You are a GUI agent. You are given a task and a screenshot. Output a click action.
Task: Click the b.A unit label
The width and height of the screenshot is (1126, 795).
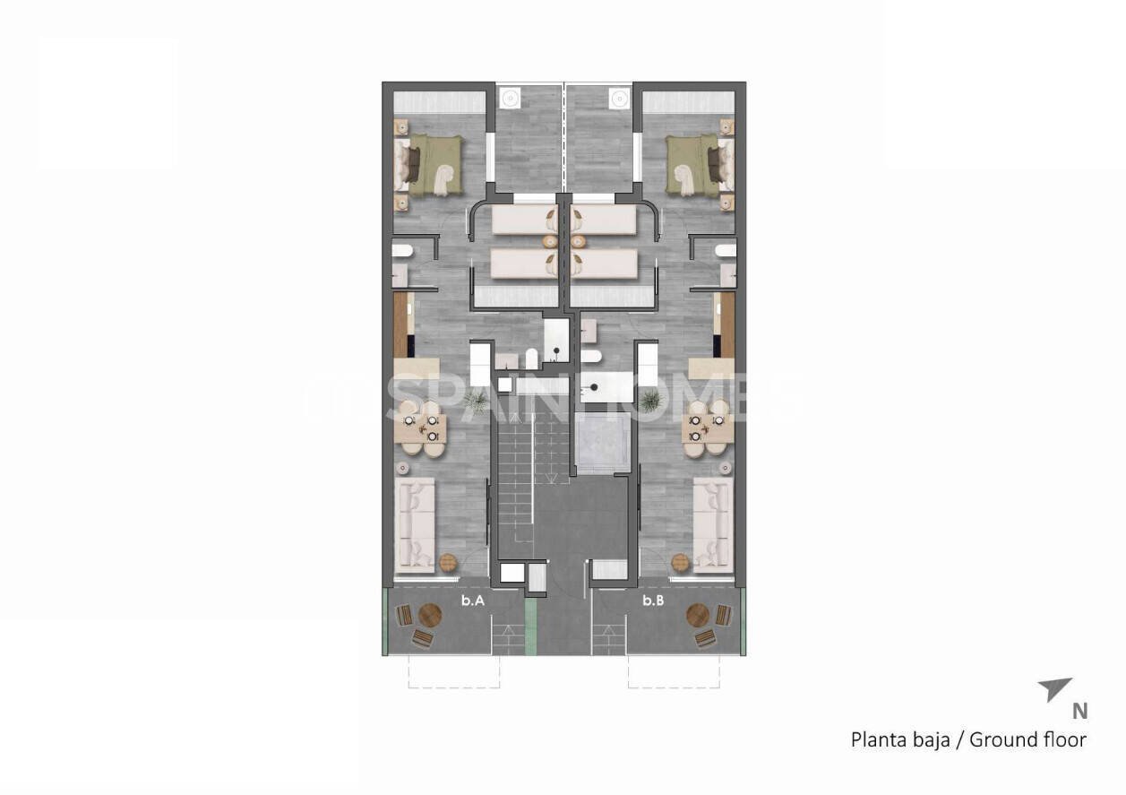(473, 602)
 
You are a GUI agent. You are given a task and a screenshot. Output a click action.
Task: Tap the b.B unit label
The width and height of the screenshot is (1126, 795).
(653, 602)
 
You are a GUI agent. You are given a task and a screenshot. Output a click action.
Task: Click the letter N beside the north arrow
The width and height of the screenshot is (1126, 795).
(1080, 711)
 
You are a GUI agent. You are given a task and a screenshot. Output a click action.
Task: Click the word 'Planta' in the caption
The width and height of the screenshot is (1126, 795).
(879, 740)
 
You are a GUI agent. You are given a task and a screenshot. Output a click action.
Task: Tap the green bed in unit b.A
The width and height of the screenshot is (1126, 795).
(432, 164)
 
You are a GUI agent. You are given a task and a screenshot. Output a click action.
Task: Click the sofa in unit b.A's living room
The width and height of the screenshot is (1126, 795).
(415, 524)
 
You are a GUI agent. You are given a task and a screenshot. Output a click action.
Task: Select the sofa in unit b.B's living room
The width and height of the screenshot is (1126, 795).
(713, 524)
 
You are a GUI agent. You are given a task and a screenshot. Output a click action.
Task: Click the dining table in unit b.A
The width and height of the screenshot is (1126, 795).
(419, 428)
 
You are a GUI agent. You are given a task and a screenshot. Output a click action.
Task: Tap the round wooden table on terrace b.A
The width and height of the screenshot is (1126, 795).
(430, 616)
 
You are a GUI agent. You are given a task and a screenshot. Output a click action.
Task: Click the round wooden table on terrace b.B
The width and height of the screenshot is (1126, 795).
(698, 616)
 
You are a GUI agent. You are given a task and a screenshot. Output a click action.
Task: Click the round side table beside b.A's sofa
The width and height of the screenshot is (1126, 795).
(448, 563)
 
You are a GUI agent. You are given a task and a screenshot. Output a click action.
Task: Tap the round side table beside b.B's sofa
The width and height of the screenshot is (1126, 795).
(680, 562)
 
